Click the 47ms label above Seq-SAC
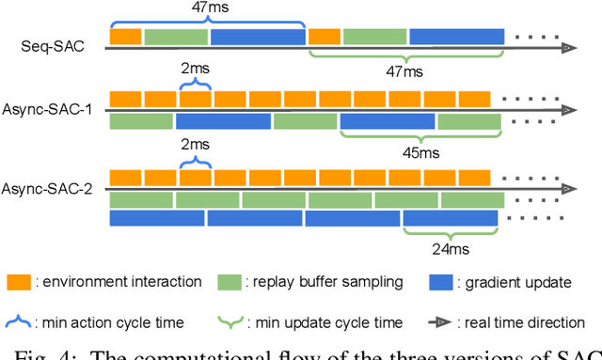(207, 8)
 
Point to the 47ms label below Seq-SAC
(406, 70)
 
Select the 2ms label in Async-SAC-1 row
(195, 70)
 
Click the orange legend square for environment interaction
(19, 282)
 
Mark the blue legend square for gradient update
(440, 282)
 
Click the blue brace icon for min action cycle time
(19, 322)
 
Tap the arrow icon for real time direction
(440, 322)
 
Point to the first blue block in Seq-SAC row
(257, 37)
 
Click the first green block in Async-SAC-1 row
(141, 121)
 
